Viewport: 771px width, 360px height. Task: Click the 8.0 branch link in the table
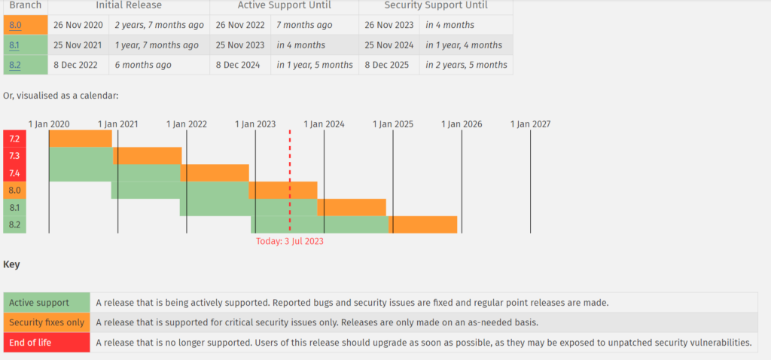[15, 25]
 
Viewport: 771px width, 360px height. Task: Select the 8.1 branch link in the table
[15, 45]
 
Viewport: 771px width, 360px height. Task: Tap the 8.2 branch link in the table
[15, 66]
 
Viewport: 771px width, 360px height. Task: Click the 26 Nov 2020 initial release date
[78, 25]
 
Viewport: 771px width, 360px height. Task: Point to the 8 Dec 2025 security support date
[388, 66]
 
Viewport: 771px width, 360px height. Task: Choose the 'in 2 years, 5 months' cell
[466, 66]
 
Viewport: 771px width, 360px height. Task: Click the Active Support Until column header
[283, 5]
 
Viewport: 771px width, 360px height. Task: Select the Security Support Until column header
[436, 5]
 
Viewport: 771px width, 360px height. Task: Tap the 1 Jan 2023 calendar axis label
[255, 124]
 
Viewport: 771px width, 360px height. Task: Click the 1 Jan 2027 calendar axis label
[531, 124]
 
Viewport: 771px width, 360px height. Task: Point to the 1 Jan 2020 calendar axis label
[49, 124]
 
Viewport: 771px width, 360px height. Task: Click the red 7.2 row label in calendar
[15, 139]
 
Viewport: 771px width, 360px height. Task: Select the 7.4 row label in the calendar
[15, 173]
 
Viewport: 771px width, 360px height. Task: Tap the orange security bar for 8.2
[422, 224]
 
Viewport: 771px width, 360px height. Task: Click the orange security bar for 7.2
[81, 139]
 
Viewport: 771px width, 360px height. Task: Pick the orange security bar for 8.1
[352, 207]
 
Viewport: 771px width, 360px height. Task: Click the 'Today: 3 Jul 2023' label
[290, 242]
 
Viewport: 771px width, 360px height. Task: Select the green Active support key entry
[47, 303]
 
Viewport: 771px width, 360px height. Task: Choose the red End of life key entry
[47, 343]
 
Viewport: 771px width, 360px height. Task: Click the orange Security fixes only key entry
[47, 322]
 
